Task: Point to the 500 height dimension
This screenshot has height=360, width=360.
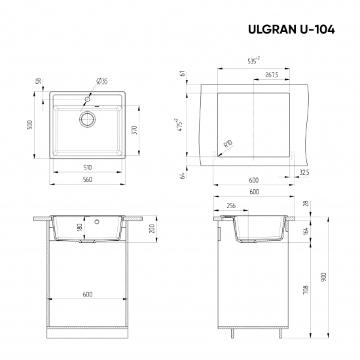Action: coord(29,125)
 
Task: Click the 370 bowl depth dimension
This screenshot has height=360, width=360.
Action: coord(134,130)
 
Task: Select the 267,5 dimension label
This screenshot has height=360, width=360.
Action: coord(272,75)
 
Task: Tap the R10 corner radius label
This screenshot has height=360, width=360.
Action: coord(228,144)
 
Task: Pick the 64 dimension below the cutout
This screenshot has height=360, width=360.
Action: coord(182,173)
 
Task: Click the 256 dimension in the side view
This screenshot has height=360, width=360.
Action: coord(231,206)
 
